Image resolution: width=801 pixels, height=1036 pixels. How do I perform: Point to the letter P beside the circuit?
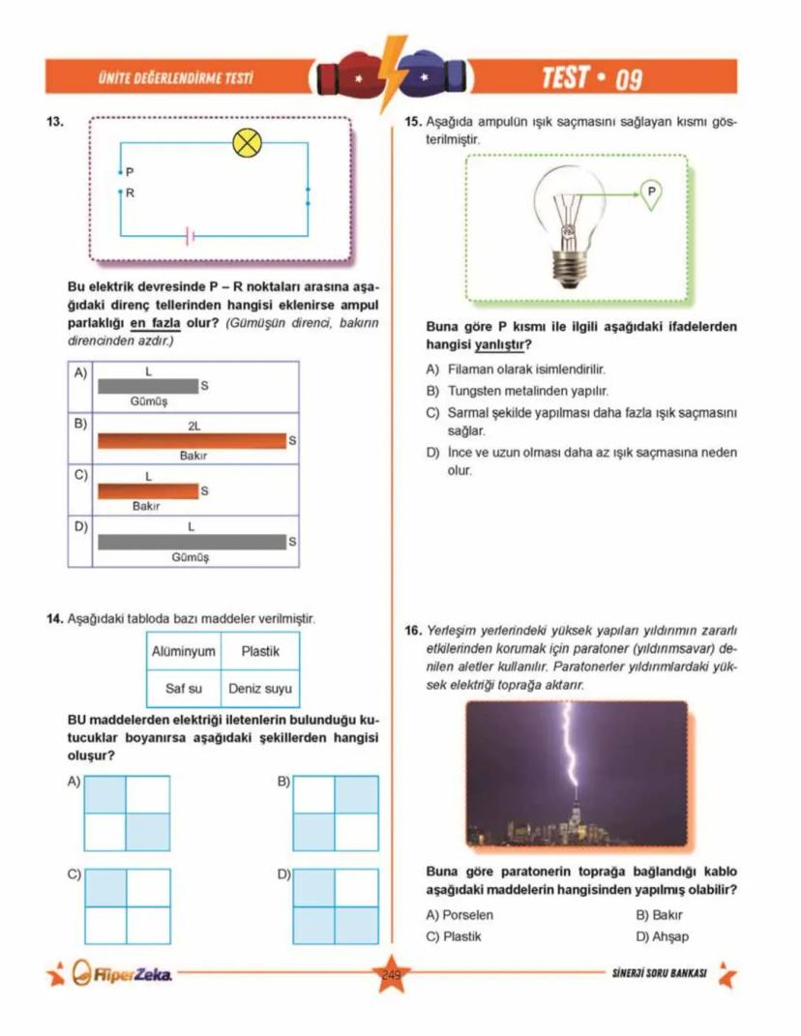tap(130, 171)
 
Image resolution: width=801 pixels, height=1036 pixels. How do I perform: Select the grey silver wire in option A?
tap(147, 386)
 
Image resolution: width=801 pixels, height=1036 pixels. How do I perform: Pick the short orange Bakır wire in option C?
tap(147, 491)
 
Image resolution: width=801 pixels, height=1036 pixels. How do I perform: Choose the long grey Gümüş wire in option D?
tap(192, 542)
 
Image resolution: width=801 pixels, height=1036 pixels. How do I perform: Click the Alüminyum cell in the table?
tap(183, 652)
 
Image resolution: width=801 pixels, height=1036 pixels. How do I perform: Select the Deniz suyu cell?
tap(260, 690)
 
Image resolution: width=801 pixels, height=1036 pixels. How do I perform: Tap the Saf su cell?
tap(183, 690)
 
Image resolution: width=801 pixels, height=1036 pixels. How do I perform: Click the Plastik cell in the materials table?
tap(260, 652)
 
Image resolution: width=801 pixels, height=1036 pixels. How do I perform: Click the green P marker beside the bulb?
tap(651, 192)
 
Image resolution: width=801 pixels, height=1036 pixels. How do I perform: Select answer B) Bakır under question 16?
tap(659, 914)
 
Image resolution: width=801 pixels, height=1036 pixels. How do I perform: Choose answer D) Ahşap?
tap(662, 936)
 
